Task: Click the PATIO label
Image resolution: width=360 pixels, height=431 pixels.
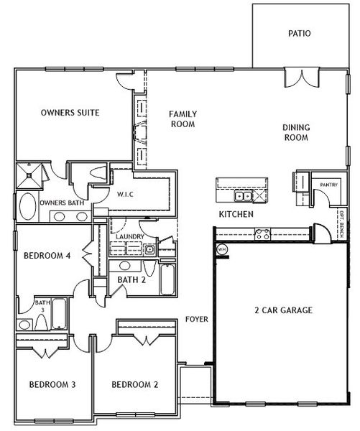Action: click(x=299, y=34)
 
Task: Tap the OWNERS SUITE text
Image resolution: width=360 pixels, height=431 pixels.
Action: click(x=70, y=113)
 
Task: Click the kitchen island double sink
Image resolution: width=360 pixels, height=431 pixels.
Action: click(x=243, y=196)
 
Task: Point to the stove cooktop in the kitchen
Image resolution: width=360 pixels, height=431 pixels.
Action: click(x=263, y=234)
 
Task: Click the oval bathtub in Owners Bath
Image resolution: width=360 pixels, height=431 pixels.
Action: click(x=28, y=206)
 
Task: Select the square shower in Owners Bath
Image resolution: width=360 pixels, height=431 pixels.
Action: click(x=29, y=176)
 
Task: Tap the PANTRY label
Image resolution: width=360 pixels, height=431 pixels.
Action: click(x=328, y=185)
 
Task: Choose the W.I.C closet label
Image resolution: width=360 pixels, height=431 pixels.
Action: click(x=125, y=195)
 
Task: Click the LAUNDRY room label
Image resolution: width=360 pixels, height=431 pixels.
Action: click(x=130, y=236)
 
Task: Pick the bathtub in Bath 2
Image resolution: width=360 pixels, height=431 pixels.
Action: click(x=167, y=279)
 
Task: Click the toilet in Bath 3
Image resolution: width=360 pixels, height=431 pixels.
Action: click(x=42, y=322)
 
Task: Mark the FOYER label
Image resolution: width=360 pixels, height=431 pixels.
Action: click(x=197, y=319)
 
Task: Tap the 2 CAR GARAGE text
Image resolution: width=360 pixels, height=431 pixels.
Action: click(x=284, y=310)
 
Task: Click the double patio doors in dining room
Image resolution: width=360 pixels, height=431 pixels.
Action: click(x=302, y=78)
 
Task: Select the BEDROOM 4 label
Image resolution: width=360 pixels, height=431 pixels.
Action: click(x=47, y=256)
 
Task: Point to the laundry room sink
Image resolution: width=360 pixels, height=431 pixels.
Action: click(x=149, y=249)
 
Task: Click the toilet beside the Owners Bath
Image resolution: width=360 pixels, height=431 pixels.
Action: click(x=98, y=173)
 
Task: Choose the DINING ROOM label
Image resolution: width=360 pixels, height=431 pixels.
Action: click(x=296, y=132)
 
